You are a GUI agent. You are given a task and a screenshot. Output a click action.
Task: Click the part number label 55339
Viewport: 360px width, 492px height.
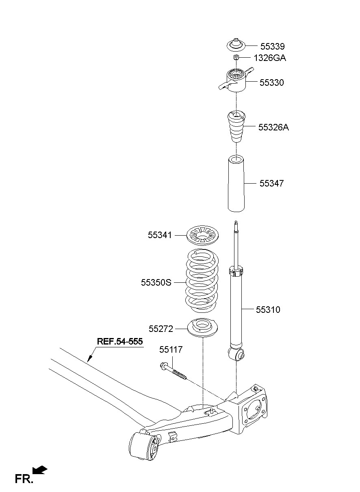tap(273, 46)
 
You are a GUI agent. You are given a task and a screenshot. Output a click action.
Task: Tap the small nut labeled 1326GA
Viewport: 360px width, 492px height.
tap(236, 58)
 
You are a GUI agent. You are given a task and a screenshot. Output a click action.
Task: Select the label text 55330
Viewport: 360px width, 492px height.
tap(271, 82)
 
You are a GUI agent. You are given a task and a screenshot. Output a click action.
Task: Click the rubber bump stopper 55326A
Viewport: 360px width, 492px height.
tap(236, 126)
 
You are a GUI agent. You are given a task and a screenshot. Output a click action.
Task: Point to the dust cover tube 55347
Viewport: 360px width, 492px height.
tap(236, 184)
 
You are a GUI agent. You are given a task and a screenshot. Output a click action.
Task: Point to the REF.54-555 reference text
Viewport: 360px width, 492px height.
tap(119, 342)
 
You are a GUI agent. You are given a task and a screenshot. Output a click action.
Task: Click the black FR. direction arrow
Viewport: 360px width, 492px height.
tap(40, 470)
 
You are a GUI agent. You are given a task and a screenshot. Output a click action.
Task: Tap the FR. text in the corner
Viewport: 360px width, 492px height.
tap(24, 479)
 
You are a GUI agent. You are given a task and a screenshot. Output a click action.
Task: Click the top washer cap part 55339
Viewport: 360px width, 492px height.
tap(236, 44)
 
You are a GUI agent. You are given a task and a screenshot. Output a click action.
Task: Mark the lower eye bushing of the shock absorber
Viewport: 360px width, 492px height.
tap(237, 355)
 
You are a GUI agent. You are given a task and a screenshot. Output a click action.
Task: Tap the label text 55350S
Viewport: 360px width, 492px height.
tap(156, 282)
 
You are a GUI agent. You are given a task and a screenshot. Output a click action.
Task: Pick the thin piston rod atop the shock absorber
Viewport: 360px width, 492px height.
tap(236, 244)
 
